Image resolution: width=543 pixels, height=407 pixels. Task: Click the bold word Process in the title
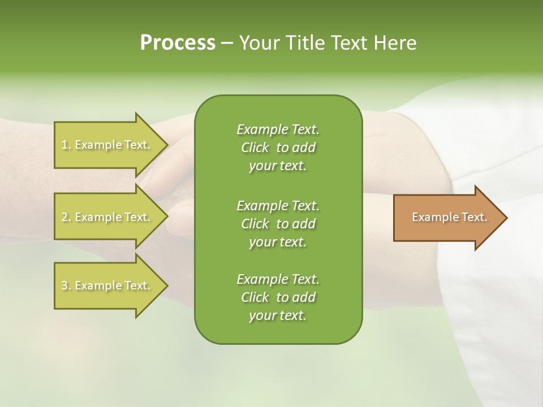click(x=178, y=43)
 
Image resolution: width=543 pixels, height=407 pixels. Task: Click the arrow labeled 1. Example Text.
click(x=106, y=145)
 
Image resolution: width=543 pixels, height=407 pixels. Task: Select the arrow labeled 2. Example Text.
click(x=106, y=217)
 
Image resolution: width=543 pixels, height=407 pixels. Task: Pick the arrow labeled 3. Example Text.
click(x=106, y=285)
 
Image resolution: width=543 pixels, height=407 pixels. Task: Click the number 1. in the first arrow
click(x=66, y=145)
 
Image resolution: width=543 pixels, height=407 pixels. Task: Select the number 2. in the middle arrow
click(x=66, y=217)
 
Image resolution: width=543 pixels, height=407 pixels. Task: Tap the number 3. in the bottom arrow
click(x=66, y=285)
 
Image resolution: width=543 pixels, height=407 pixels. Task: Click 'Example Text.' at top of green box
click(x=278, y=129)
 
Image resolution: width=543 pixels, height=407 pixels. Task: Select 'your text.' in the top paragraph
click(x=278, y=166)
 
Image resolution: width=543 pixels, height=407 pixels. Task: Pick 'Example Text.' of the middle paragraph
click(x=278, y=205)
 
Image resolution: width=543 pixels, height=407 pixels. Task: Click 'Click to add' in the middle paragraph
click(x=278, y=224)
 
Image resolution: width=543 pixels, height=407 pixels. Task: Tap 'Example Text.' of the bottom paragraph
click(x=278, y=279)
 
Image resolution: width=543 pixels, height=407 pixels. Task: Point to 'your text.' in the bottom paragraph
click(x=278, y=315)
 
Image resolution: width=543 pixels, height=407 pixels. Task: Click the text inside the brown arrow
click(x=449, y=217)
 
